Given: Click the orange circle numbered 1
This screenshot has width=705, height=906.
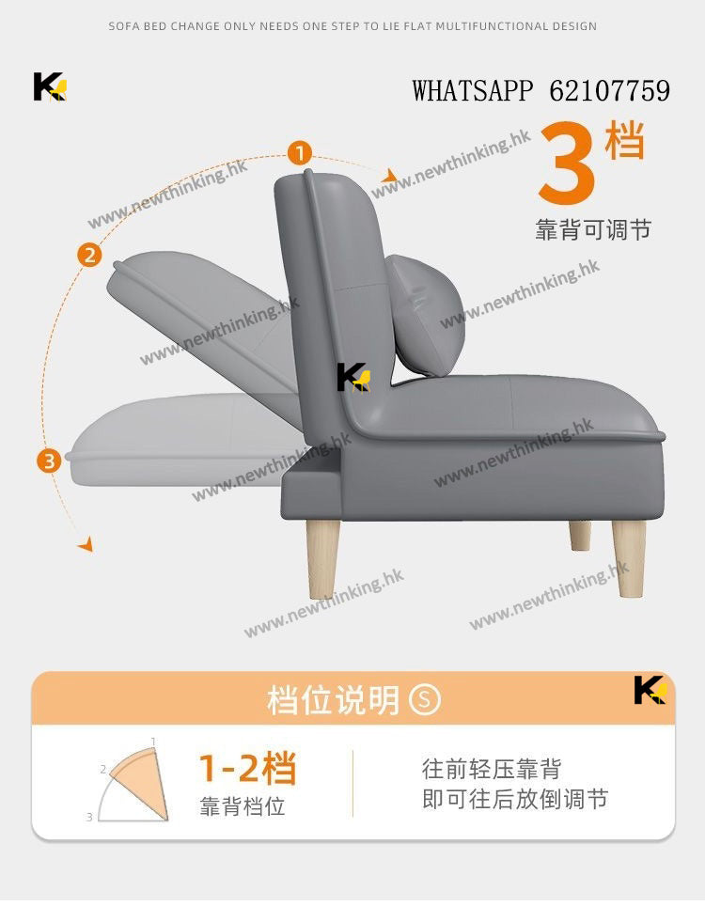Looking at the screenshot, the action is pos(300,154).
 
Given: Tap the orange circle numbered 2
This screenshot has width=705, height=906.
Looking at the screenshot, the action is pos(89,255).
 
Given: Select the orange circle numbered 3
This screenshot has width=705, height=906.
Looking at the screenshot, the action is pos(49,461).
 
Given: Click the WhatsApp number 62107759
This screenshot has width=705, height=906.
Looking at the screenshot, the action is pos(610,91).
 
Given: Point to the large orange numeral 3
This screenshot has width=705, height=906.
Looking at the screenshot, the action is pos(567,163).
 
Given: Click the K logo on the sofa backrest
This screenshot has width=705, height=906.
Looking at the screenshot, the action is pos(353,377).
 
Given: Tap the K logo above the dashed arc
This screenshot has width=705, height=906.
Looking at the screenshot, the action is pos(50,86).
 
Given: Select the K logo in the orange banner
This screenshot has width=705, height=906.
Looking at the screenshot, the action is pos(650,690).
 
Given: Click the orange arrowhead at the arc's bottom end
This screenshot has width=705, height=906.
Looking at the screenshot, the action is pos(86,544).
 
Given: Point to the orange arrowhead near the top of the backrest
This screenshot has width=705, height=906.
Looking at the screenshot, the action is pos(390,175).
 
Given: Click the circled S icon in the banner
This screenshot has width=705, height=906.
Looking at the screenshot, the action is pos(425,699).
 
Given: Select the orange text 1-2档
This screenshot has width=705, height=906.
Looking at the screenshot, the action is pos(248,768).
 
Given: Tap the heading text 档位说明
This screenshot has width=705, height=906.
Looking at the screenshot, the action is pos(334,700).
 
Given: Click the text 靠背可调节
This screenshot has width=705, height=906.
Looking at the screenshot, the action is pos(593,229).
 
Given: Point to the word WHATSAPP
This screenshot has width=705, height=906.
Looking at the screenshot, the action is pos(473,91).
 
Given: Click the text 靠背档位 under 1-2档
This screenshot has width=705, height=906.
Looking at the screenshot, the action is pos(243,806).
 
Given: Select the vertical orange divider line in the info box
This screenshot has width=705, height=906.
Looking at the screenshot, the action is pos(352,784).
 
